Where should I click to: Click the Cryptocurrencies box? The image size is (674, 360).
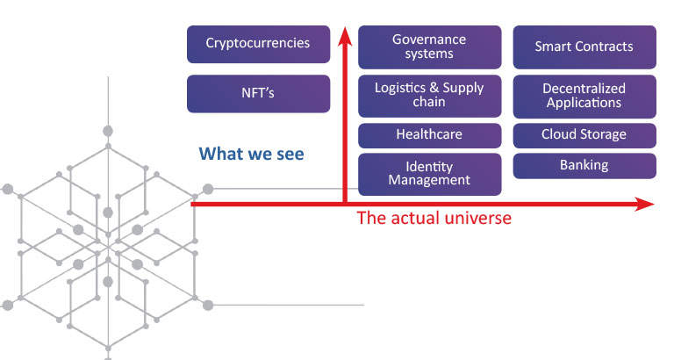click(x=258, y=44)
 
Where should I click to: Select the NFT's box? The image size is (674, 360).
click(x=258, y=94)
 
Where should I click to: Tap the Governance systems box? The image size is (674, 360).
click(x=429, y=47)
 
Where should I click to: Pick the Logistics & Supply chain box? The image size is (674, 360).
click(x=429, y=96)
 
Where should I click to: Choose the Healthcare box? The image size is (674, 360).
click(x=429, y=135)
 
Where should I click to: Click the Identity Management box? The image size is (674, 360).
click(x=429, y=174)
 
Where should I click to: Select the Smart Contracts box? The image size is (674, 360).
click(x=584, y=47)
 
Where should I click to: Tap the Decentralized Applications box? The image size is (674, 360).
click(x=584, y=97)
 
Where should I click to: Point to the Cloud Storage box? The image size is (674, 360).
click(x=584, y=135)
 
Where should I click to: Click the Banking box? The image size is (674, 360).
click(x=584, y=166)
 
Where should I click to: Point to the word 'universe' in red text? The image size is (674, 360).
click(x=478, y=218)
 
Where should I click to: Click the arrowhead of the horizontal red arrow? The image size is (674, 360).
click(x=644, y=205)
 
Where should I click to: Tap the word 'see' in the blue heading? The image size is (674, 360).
click(x=290, y=155)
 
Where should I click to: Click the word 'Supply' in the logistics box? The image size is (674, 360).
click(x=463, y=89)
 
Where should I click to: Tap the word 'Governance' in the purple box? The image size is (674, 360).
click(x=429, y=40)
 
